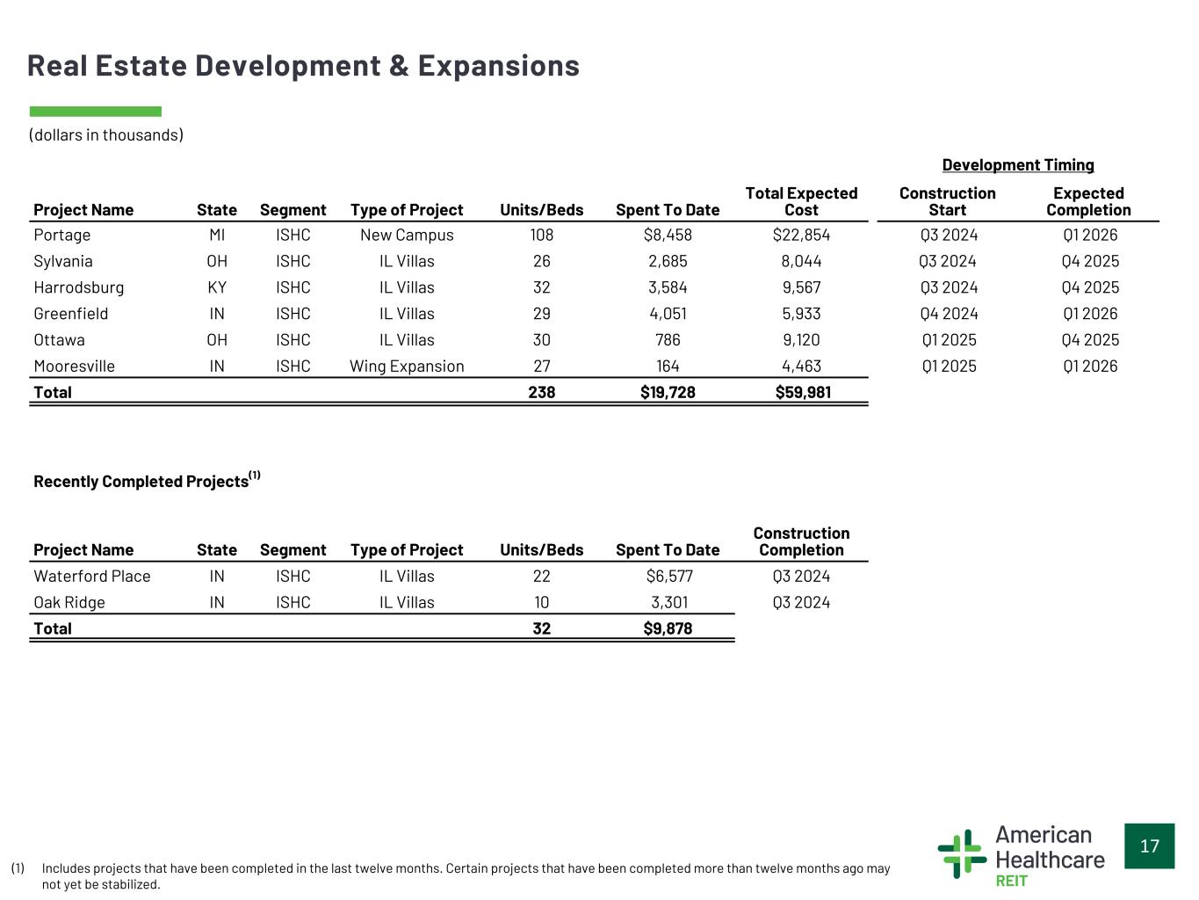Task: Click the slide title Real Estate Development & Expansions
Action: point(303,66)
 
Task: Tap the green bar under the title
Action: point(95,112)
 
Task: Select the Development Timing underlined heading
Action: point(1018,165)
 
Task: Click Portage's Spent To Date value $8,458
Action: point(668,235)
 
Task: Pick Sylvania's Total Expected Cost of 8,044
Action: point(801,261)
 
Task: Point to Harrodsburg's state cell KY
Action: point(217,287)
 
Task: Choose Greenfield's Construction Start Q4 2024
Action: point(949,314)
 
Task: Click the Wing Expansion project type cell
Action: point(407,367)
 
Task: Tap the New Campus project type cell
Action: point(407,235)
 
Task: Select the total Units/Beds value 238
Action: point(541,392)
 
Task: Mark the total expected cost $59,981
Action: point(803,392)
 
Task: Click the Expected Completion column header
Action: point(1088,201)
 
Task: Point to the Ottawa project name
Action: point(59,340)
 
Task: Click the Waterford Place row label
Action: point(92,576)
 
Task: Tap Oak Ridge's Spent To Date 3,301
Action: point(668,602)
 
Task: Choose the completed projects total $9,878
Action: point(668,628)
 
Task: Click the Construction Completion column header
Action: point(801,541)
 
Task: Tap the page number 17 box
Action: point(1149,846)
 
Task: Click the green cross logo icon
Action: point(961,853)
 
